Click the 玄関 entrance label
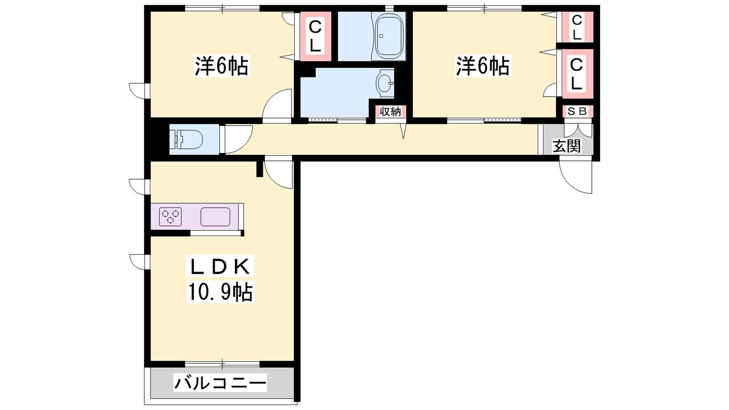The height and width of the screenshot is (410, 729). point(567,146)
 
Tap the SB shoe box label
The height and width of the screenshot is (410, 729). point(577,112)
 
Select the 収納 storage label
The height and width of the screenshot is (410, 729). point(390,112)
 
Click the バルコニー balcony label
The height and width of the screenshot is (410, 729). point(221,383)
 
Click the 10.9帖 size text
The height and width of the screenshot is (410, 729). point(221,292)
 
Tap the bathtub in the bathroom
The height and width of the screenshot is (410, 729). point(390,36)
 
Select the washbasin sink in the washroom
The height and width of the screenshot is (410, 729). point(385,83)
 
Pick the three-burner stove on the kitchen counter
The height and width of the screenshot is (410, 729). point(170,216)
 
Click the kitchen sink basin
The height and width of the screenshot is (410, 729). point(215,216)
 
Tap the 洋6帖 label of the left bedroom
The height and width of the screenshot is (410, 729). point(221,66)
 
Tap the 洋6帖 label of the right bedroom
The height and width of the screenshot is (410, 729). point(483,66)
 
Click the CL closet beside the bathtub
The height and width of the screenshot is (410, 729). point(315,36)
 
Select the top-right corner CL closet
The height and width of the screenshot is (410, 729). point(577,27)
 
